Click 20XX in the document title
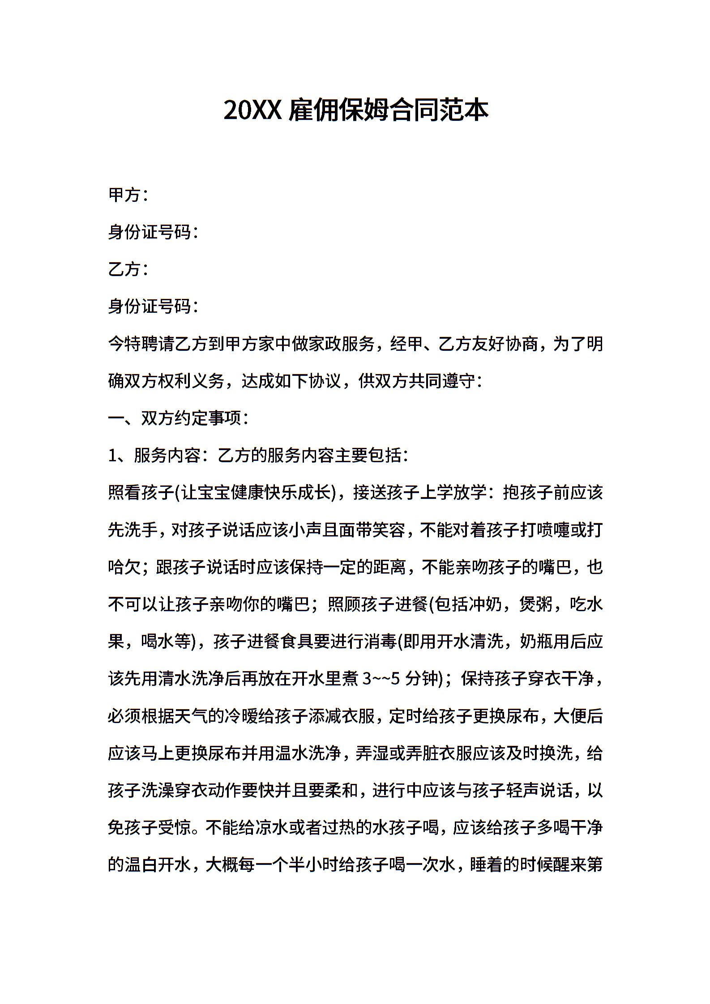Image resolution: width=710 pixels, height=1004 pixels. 252,110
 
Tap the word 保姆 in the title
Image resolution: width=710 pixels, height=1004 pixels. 365,110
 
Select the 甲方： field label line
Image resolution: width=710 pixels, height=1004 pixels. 128,195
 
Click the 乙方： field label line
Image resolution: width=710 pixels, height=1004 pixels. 128,270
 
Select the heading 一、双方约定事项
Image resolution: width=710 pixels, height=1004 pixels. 178,419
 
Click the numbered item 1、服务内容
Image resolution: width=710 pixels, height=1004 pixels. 154,456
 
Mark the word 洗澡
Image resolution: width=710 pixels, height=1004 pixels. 150,791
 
